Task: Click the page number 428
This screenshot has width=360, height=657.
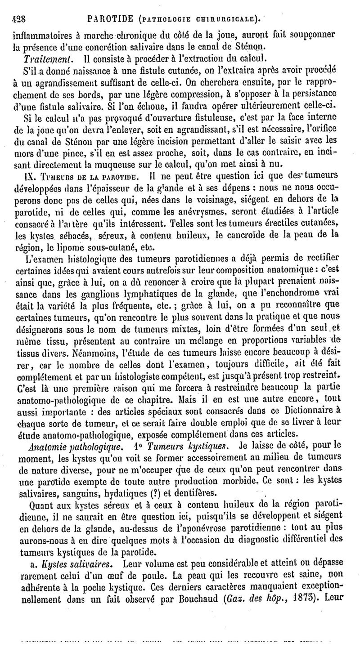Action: [19, 19]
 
